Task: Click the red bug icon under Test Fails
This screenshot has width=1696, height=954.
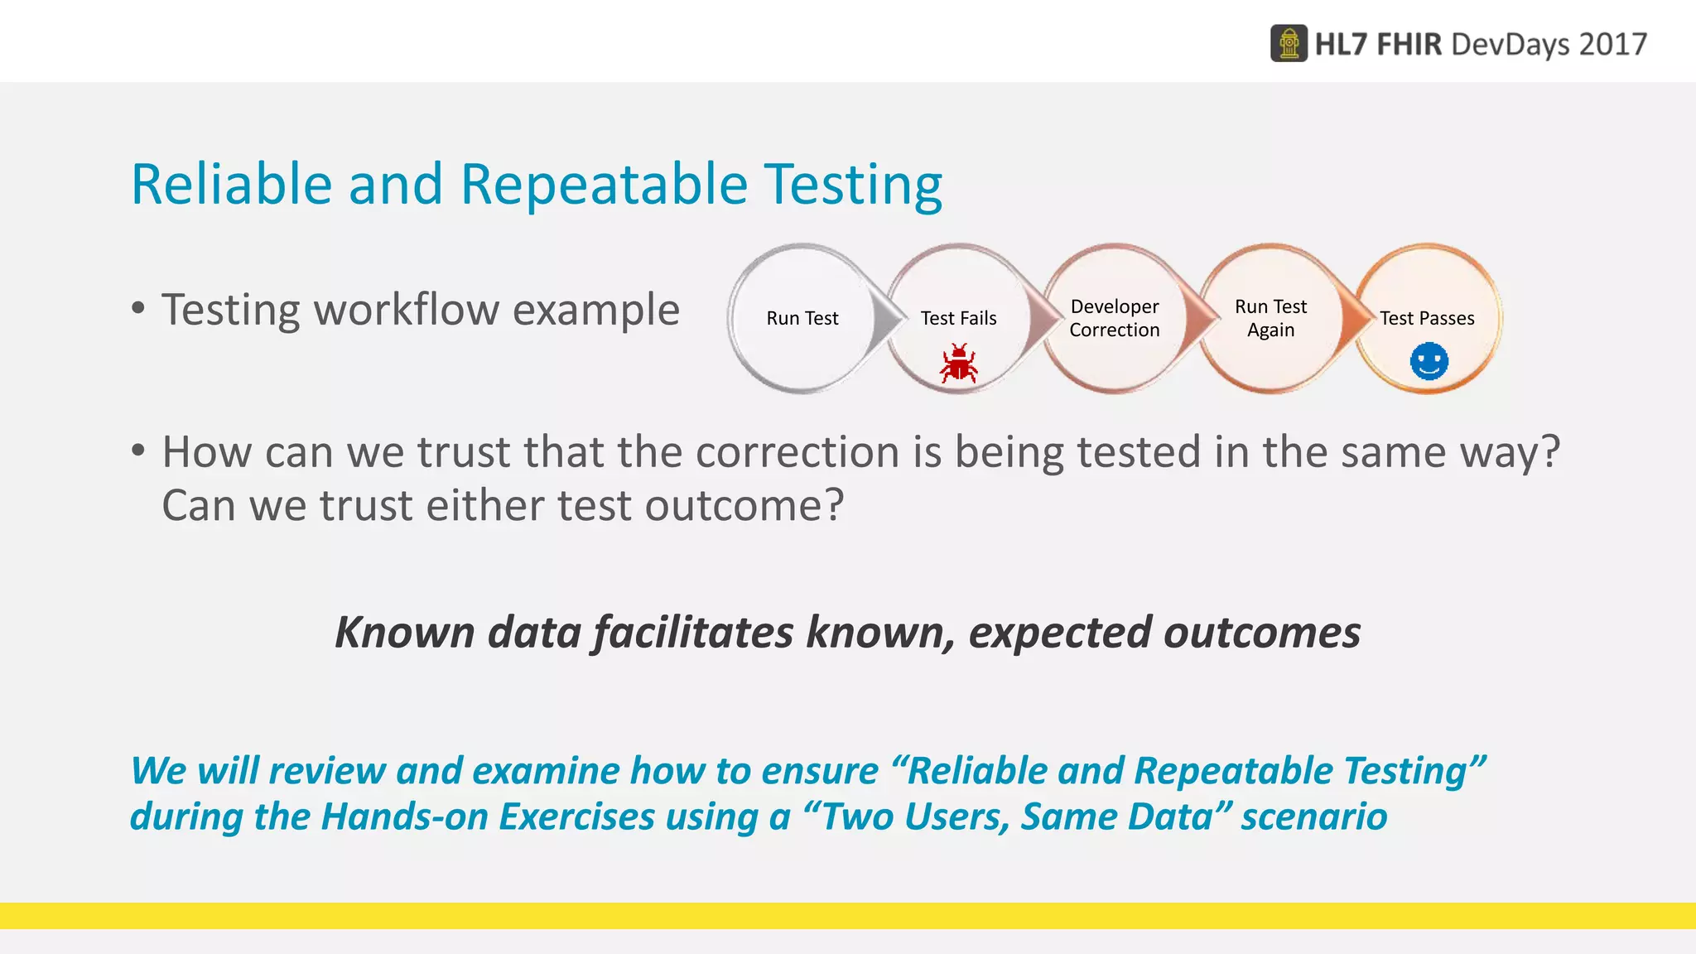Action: pyautogui.click(x=958, y=364)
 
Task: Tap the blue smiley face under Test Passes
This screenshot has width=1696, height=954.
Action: pyautogui.click(x=1429, y=362)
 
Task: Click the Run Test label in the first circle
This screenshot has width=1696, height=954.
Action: pyautogui.click(x=802, y=318)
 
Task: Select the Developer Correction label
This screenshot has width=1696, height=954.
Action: pyautogui.click(x=1114, y=318)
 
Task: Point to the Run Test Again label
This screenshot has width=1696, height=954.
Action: pyautogui.click(x=1270, y=318)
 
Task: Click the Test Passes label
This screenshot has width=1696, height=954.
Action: pyautogui.click(x=1427, y=318)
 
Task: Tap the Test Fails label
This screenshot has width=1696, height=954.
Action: pyautogui.click(x=958, y=318)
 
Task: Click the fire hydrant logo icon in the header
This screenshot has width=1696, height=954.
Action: pyautogui.click(x=1289, y=43)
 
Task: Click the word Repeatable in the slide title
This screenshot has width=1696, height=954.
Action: pyautogui.click(x=604, y=184)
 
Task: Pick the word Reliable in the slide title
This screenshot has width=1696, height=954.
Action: pyautogui.click(x=231, y=184)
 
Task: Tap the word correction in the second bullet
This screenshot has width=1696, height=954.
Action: pyautogui.click(x=797, y=452)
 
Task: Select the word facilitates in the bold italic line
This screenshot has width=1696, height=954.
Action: pyautogui.click(x=693, y=633)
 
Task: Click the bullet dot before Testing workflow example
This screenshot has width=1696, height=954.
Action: pyautogui.click(x=138, y=309)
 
